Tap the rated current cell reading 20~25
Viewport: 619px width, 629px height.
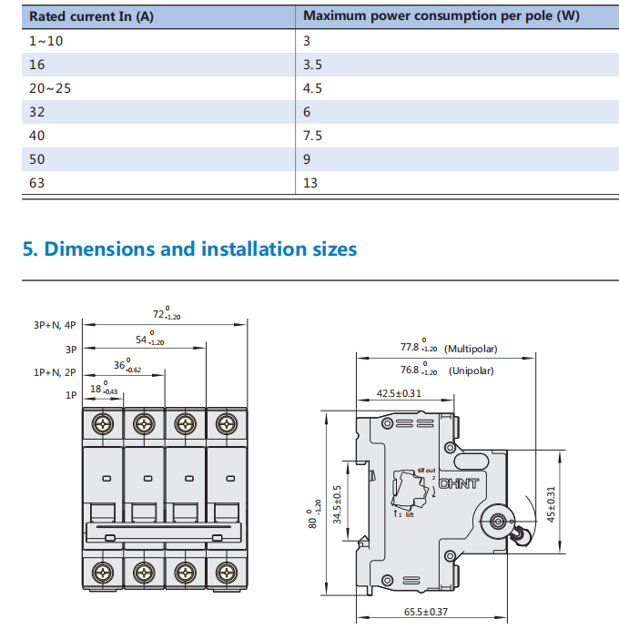tap(49, 88)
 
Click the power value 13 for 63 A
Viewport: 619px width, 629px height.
tap(309, 183)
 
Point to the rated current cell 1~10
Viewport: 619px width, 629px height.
tap(46, 41)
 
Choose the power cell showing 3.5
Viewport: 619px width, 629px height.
tap(312, 65)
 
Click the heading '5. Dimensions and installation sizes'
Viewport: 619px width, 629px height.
tap(189, 249)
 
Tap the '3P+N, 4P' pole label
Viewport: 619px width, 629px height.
tap(56, 325)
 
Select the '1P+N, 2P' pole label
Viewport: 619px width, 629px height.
tap(56, 371)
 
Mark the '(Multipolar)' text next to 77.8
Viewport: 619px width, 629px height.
tap(471, 349)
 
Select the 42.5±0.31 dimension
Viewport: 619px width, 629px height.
tap(399, 393)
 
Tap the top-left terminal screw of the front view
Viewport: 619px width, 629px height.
tap(102, 423)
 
